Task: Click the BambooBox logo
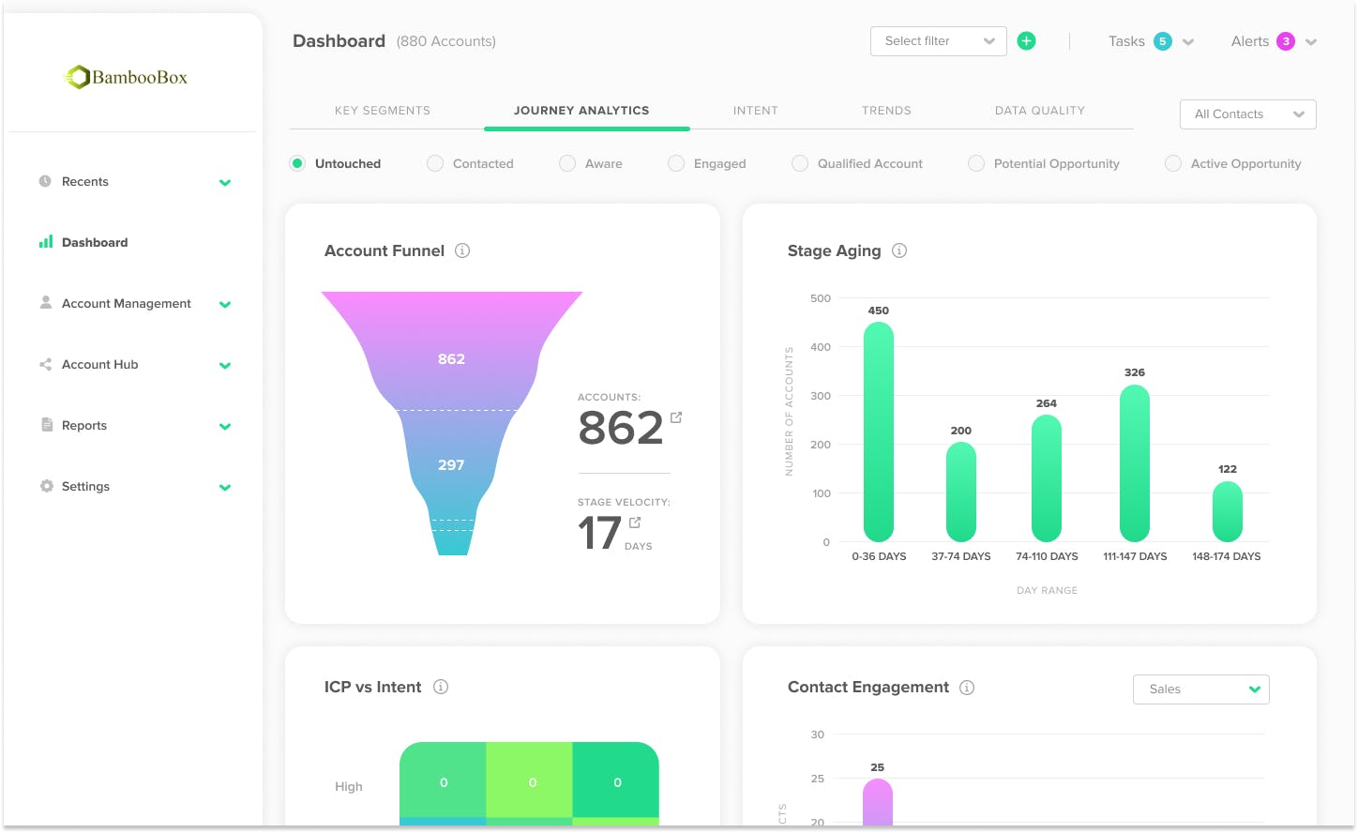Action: [126, 77]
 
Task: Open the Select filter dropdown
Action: [938, 41]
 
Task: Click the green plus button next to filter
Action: [1027, 41]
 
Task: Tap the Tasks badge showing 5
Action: [1163, 41]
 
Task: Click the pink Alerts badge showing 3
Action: [1286, 41]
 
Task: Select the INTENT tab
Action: [755, 111]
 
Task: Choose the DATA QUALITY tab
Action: [1039, 111]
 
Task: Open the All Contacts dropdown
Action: [1247, 114]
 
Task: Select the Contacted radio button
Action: [435, 163]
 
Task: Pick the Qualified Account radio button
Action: [800, 163]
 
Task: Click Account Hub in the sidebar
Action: [99, 365]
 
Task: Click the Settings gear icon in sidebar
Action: [46, 486]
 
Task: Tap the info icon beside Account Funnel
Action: [462, 250]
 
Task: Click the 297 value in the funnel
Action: [451, 465]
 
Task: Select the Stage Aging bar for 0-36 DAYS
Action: [879, 432]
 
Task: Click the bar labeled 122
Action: [1227, 511]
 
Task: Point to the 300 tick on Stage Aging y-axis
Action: [821, 396]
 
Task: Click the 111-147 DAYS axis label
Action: [1135, 556]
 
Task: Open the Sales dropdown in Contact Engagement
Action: [1200, 689]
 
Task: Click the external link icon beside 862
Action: [676, 417]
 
